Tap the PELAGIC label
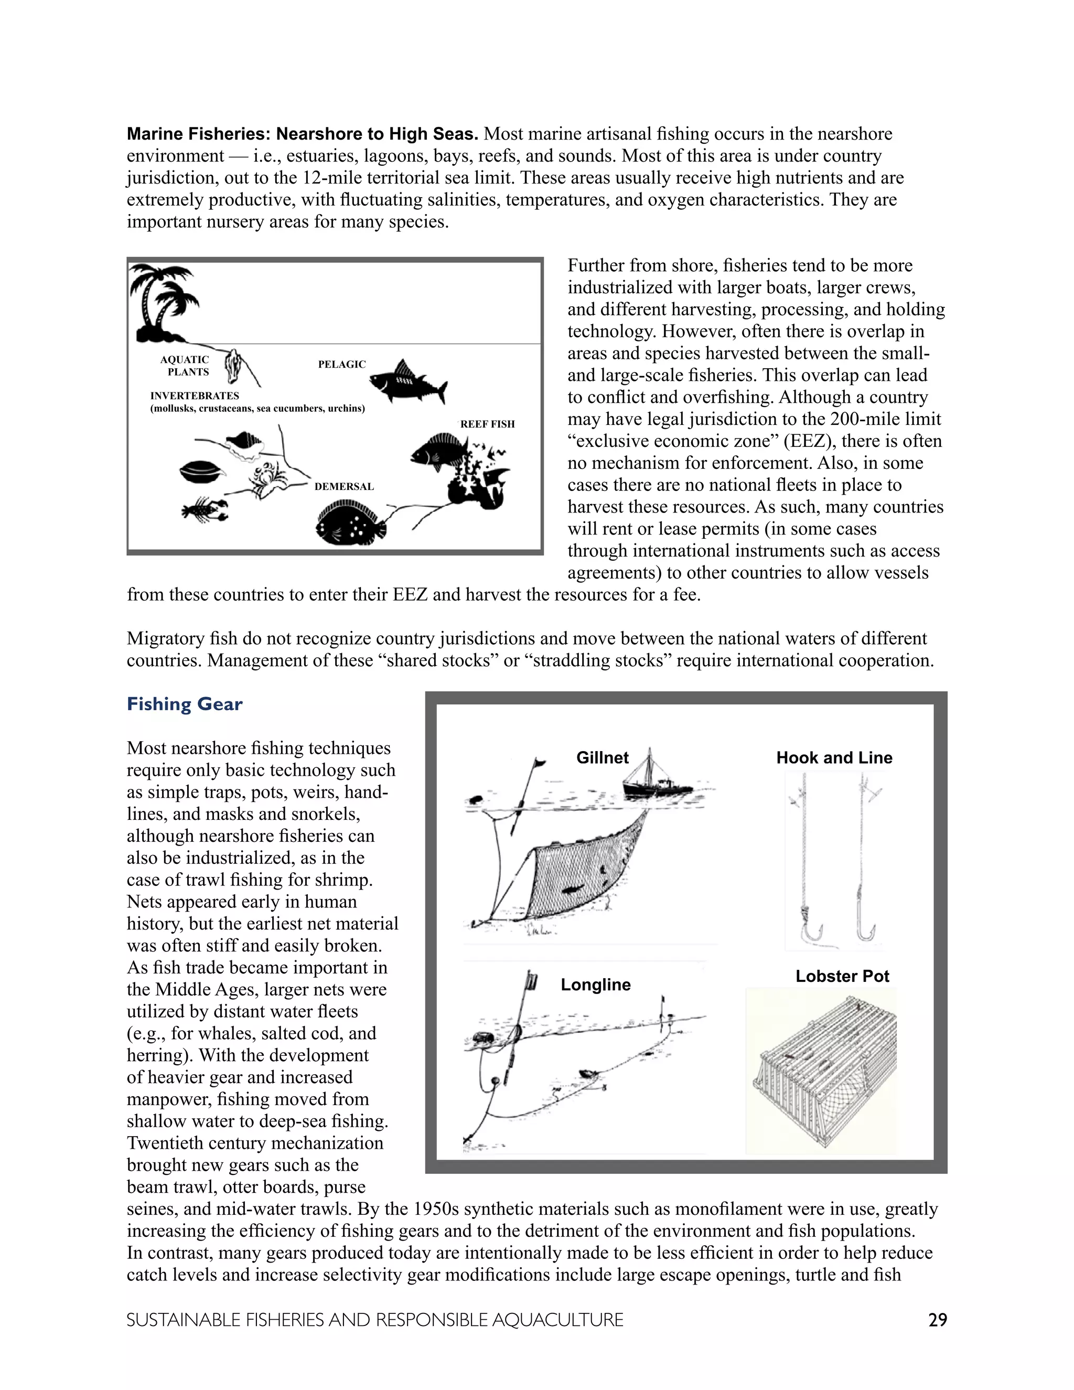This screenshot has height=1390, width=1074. (342, 364)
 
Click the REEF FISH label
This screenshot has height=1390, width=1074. (487, 424)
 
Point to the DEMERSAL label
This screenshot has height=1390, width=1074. (344, 486)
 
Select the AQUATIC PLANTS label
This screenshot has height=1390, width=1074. (185, 365)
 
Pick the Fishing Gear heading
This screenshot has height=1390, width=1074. (185, 704)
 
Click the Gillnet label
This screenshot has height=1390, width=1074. (602, 757)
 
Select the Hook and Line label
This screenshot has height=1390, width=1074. (834, 757)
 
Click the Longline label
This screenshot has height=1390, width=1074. (596, 985)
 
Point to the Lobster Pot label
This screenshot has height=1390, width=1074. (842, 976)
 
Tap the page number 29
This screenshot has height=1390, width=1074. (937, 1320)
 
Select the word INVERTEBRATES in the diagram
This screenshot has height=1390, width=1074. (195, 396)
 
